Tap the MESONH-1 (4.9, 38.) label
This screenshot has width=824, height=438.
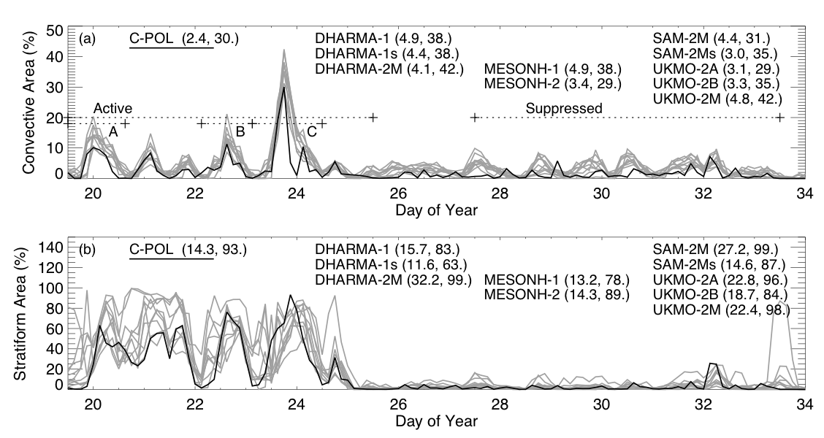point(552,69)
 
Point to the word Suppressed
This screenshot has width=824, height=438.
point(564,109)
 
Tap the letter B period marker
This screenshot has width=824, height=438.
point(240,131)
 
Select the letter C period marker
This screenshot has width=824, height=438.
point(312,131)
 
